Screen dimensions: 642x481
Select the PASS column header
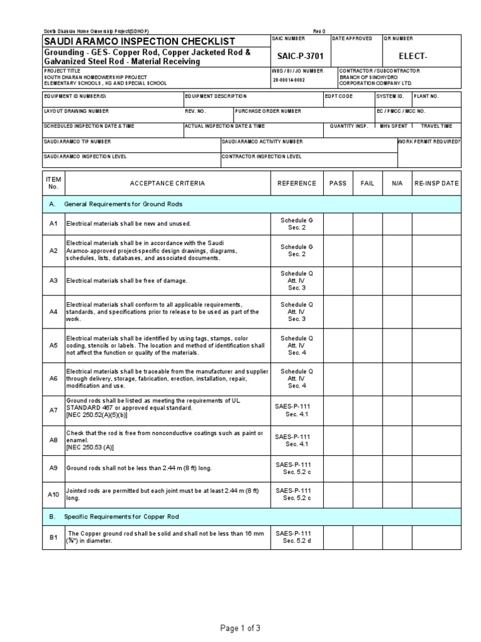[x=338, y=184]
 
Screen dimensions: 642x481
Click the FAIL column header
[x=367, y=184]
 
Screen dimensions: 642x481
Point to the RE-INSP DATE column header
[x=437, y=184]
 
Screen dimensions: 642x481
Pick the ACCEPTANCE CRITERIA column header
[x=167, y=184]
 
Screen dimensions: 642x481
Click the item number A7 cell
[x=53, y=410]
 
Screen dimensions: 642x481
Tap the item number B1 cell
[x=53, y=537]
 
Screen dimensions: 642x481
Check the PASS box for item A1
[x=338, y=224]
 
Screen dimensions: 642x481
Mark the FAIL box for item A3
[x=367, y=280]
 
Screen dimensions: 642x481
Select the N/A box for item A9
[x=397, y=468]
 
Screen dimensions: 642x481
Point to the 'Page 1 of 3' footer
[x=240, y=628]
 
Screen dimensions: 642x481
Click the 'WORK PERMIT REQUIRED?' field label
[x=429, y=142]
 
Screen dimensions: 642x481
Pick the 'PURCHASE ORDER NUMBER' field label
[x=269, y=111]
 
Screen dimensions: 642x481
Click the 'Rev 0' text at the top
[x=320, y=32]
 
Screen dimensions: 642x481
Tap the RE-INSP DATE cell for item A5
[x=437, y=345]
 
